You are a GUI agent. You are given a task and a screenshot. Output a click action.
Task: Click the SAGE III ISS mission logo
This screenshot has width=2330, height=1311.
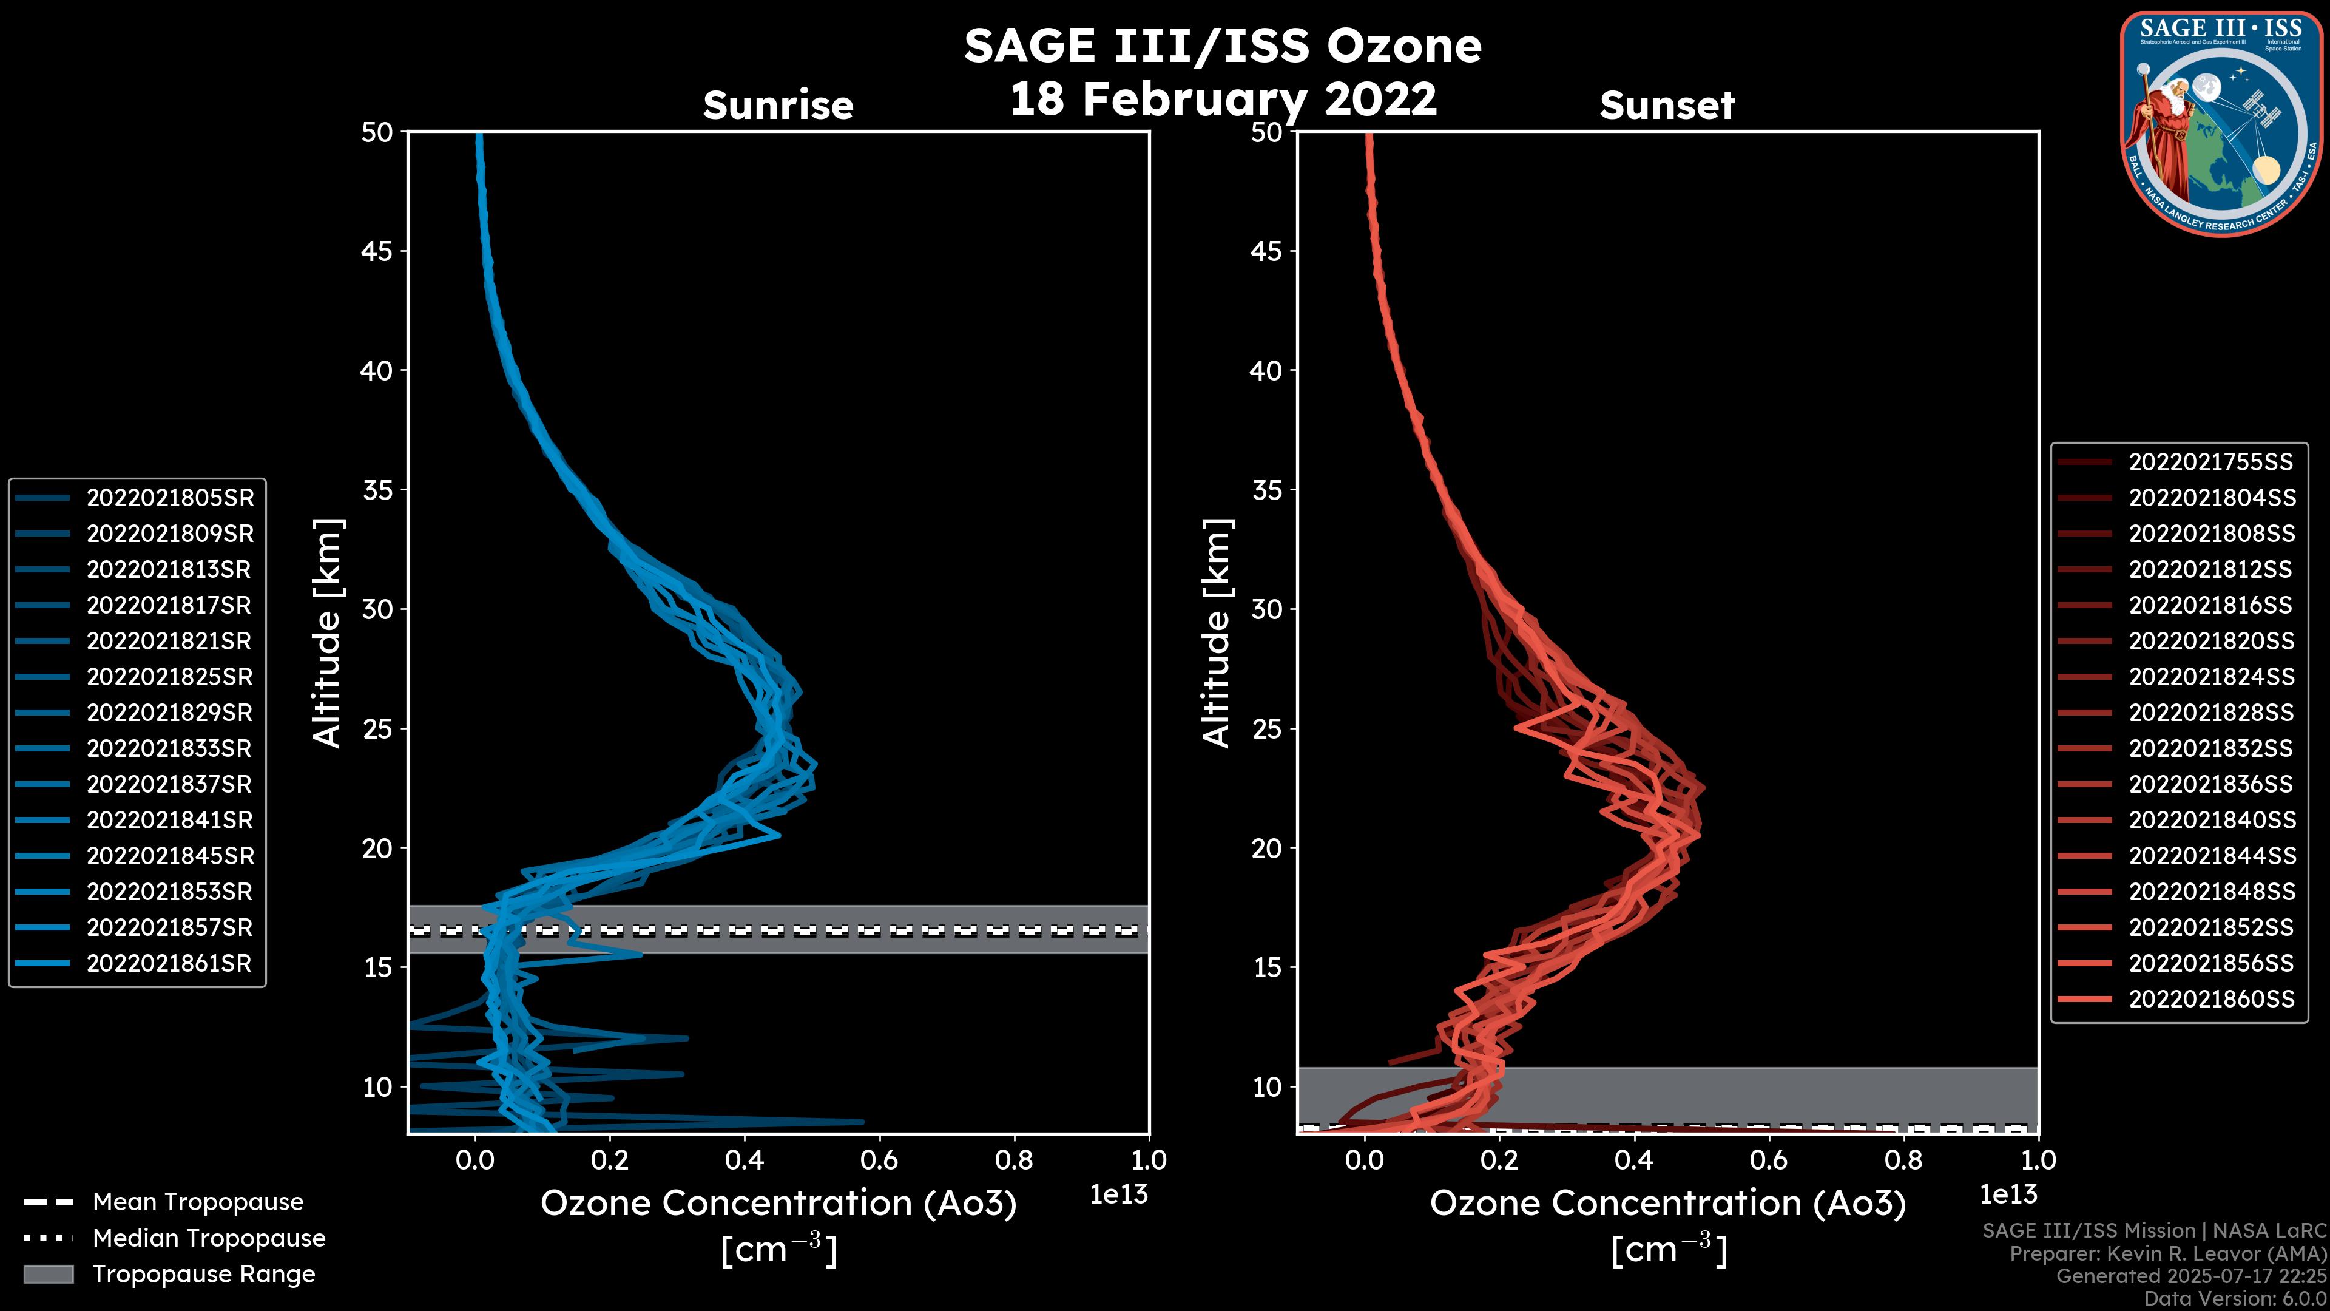click(2221, 123)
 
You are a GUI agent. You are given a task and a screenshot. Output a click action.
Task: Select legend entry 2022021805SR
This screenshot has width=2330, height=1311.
click(169, 498)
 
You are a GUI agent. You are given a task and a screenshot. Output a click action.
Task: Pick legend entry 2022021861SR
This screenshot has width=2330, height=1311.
click(169, 964)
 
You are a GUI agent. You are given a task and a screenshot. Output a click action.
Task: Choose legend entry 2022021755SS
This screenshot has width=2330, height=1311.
click(2210, 462)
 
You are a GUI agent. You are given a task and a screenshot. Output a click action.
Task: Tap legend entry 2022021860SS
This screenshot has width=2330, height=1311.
click(2210, 999)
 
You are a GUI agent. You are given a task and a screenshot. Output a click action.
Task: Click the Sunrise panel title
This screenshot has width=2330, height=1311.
click(778, 106)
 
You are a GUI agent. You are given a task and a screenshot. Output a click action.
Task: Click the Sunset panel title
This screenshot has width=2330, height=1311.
click(1667, 106)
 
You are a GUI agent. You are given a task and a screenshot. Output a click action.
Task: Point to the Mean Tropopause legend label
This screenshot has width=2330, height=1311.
click(197, 1202)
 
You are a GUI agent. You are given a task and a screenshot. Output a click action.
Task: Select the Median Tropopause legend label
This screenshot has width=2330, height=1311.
click(208, 1238)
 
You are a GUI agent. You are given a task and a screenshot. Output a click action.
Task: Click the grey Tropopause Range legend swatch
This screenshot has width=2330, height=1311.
click(49, 1274)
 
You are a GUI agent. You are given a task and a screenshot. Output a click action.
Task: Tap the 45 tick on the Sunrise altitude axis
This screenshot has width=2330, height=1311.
click(377, 251)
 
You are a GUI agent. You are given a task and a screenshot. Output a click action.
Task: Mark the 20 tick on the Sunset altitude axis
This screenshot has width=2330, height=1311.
click(1266, 849)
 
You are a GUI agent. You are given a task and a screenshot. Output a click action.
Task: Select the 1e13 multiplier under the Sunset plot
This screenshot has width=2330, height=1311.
click(2008, 1194)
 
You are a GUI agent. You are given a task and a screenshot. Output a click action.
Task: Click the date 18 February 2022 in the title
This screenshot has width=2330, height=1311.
click(1223, 98)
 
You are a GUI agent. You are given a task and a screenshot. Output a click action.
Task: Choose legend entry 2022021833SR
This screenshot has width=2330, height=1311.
click(169, 749)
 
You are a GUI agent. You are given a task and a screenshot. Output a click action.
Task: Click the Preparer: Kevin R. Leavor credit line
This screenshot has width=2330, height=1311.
click(2168, 1254)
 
